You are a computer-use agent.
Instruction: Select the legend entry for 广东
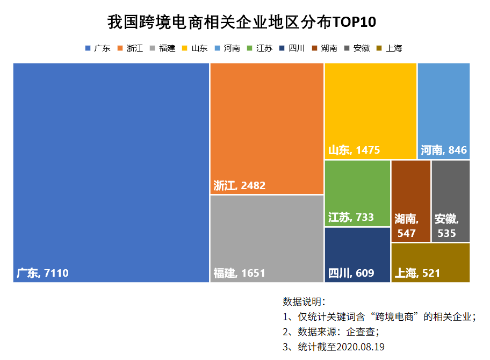click(x=98, y=48)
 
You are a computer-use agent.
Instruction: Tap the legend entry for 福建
click(x=163, y=48)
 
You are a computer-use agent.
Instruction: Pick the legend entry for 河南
click(x=228, y=48)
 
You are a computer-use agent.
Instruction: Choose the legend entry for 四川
click(x=293, y=48)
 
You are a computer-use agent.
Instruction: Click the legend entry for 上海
click(x=390, y=48)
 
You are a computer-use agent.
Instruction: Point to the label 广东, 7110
click(x=43, y=273)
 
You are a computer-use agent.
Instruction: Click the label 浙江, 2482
click(x=240, y=186)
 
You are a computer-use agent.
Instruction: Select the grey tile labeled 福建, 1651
click(x=267, y=236)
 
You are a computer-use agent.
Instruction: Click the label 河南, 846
click(x=444, y=150)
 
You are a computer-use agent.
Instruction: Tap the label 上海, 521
click(x=417, y=273)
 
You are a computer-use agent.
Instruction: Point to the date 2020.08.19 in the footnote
click(x=361, y=347)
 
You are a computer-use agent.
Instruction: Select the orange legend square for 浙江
click(x=120, y=48)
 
